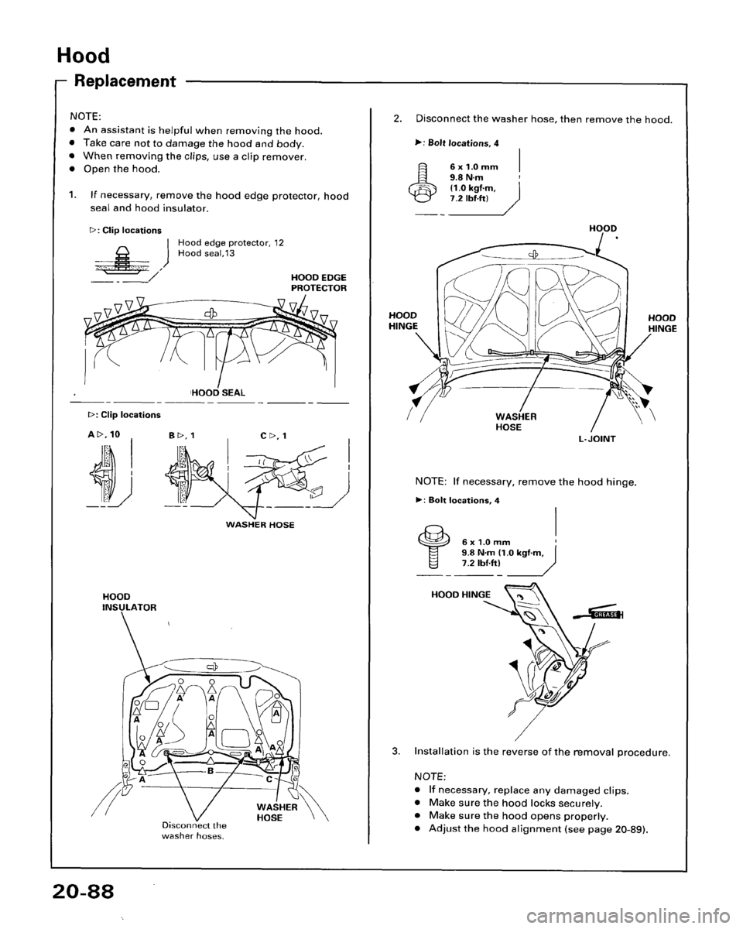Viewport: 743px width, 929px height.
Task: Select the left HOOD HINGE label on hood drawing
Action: tap(406, 322)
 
